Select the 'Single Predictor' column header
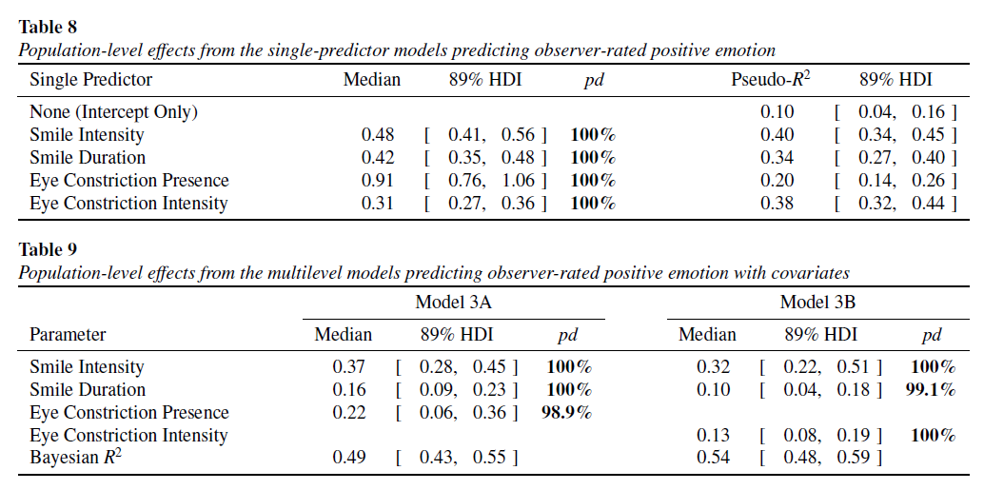pyautogui.click(x=90, y=80)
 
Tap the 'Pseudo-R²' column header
pyautogui.click(x=770, y=80)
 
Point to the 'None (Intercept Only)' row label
pyautogui.click(x=113, y=112)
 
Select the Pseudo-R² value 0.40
pyautogui.click(x=777, y=135)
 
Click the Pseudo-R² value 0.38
pyautogui.click(x=777, y=204)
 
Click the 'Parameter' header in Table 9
pyautogui.click(x=68, y=335)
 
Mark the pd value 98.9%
pyautogui.click(x=567, y=413)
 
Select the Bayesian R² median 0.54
pyautogui.click(x=713, y=459)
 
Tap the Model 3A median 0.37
pyautogui.click(x=348, y=367)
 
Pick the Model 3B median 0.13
pyautogui.click(x=713, y=436)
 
